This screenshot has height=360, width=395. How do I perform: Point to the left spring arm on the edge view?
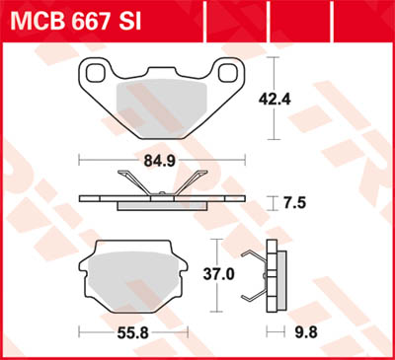click(127, 182)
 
